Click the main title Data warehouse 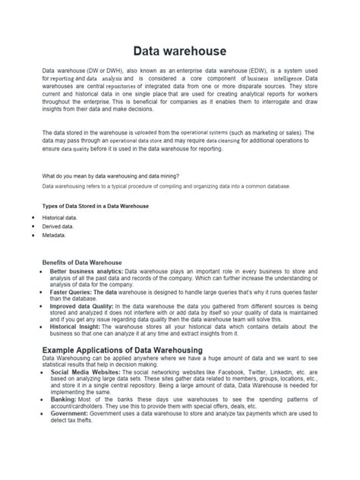click(179, 50)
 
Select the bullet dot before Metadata click(35, 235)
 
